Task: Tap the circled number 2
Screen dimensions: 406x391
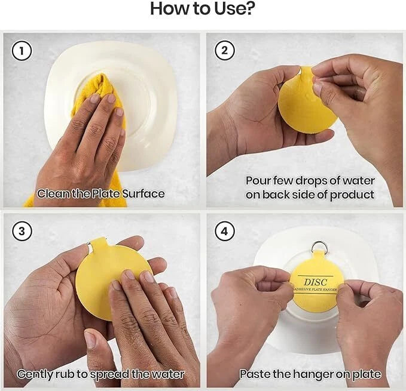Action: pos(225,50)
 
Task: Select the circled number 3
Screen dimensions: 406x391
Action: pos(22,231)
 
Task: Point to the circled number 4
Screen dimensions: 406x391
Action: pos(225,231)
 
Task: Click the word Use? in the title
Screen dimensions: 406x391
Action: pos(234,8)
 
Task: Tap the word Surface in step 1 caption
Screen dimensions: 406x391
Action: pos(143,193)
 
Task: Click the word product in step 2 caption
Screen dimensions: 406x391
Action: pos(352,195)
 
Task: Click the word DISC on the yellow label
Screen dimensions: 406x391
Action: pos(316,282)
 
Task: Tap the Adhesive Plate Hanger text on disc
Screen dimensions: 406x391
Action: pos(315,290)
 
